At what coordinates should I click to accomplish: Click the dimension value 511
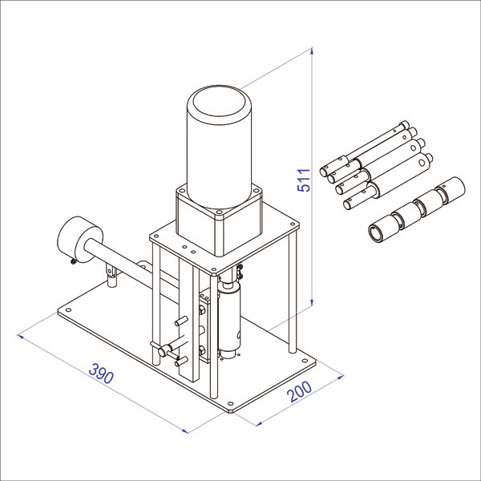[305, 180]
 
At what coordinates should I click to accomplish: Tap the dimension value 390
[101, 374]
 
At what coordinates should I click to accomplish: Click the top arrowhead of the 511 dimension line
[312, 51]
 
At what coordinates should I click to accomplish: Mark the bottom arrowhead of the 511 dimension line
[312, 303]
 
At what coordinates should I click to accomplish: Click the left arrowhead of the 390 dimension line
[20, 337]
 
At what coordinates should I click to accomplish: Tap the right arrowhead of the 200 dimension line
[341, 377]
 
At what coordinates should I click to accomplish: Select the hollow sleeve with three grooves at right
[417, 208]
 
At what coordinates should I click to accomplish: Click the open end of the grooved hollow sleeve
[376, 232]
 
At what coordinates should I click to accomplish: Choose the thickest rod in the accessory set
[388, 182]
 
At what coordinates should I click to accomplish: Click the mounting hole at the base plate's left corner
[68, 309]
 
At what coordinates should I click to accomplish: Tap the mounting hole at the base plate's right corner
[305, 361]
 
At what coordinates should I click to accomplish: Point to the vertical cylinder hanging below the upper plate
[228, 319]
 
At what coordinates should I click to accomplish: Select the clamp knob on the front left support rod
[164, 350]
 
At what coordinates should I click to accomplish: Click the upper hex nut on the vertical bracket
[202, 310]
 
